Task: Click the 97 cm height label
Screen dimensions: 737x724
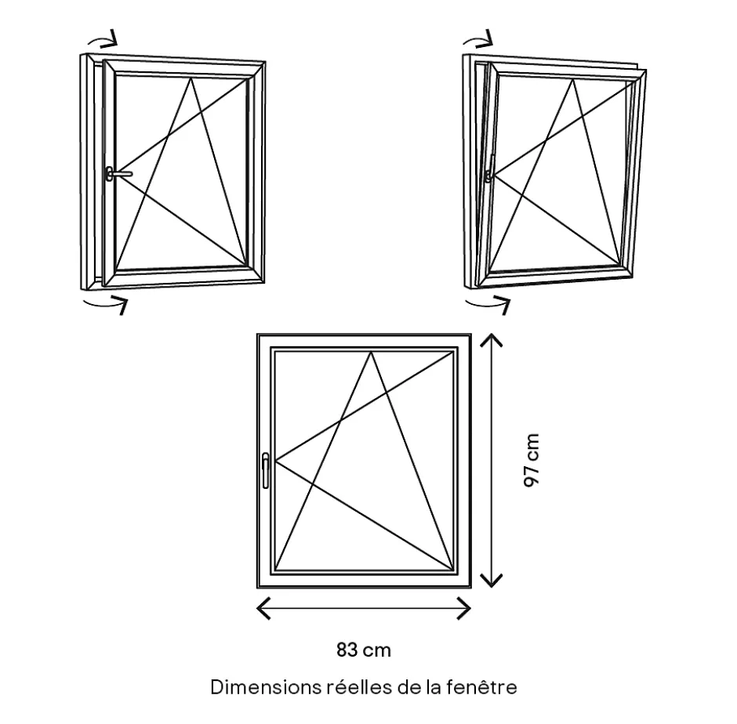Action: (531, 460)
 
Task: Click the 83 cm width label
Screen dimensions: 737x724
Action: (364, 650)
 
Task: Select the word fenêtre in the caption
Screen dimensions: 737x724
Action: (481, 687)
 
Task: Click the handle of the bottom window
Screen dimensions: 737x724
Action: (266, 470)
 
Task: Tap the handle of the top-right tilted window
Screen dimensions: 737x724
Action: (490, 168)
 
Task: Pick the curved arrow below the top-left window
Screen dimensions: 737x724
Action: (105, 304)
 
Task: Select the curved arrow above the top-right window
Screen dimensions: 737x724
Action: (478, 39)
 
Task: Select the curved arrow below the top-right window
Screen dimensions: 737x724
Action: (488, 304)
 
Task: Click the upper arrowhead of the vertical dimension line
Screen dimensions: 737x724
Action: (491, 340)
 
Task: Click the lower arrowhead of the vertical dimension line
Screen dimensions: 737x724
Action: (491, 581)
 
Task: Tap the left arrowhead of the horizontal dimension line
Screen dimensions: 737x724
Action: (263, 608)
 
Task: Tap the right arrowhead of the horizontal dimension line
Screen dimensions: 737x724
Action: (464, 608)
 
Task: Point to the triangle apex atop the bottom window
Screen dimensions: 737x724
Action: (372, 352)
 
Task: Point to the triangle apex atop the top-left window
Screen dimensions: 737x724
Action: (191, 78)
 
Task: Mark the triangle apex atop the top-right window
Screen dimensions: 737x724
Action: (573, 80)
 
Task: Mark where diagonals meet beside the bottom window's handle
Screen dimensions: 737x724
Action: (275, 462)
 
